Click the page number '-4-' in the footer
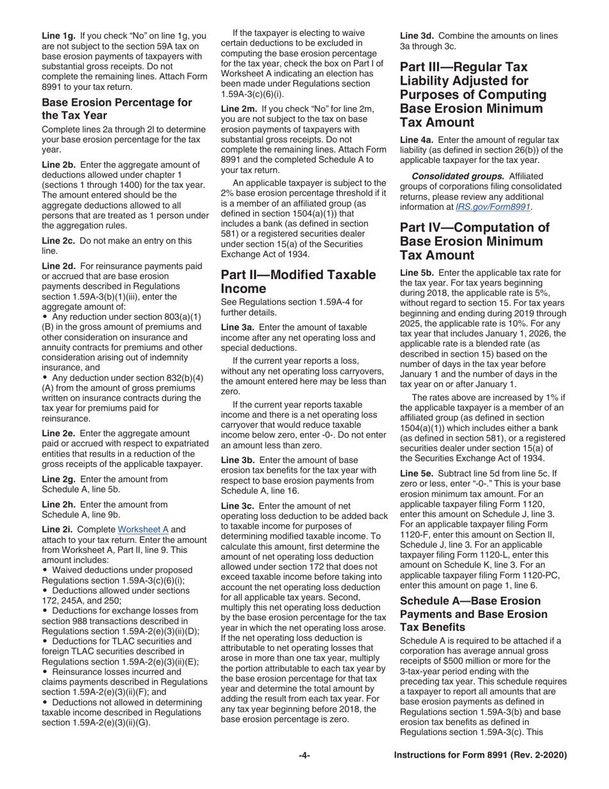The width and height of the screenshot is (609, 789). [304, 756]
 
